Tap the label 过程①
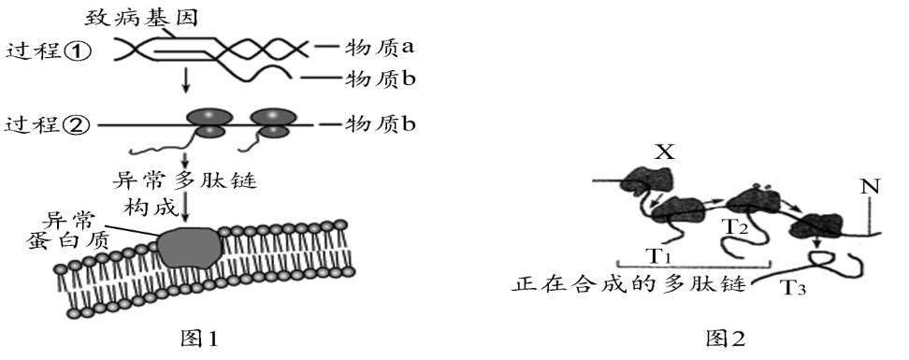coord(48,51)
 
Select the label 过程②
coord(48,124)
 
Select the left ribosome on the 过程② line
coord(209,123)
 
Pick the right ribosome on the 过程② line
coord(272,123)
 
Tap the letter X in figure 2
coord(665,151)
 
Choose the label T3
coord(790,289)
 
